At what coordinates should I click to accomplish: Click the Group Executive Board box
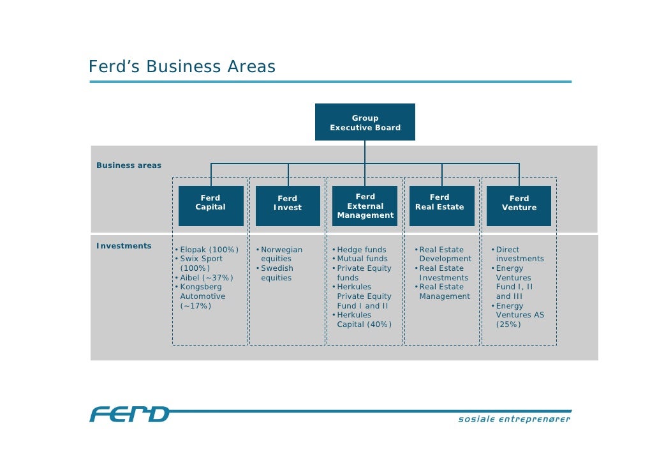(365, 122)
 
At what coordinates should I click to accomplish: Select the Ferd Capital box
(210, 206)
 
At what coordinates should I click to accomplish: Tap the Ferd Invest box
(288, 206)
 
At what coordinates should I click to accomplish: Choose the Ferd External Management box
(365, 206)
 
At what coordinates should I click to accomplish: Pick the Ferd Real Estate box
(441, 206)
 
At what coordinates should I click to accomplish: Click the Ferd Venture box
(519, 206)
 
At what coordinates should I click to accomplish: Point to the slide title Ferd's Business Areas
(182, 67)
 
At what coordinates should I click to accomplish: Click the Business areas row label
(129, 165)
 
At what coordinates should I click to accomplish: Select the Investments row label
(124, 246)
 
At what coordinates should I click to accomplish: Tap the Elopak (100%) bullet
(209, 250)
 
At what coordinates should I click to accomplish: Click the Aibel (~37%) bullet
(206, 278)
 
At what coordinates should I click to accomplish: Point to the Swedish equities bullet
(276, 273)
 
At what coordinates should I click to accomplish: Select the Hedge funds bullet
(361, 250)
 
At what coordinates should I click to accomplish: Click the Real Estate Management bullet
(444, 292)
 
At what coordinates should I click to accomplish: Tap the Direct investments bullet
(519, 254)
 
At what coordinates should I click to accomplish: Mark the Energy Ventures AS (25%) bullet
(519, 315)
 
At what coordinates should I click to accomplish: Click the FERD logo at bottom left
(129, 415)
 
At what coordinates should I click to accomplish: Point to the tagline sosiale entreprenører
(514, 420)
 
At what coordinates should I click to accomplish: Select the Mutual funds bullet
(362, 259)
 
